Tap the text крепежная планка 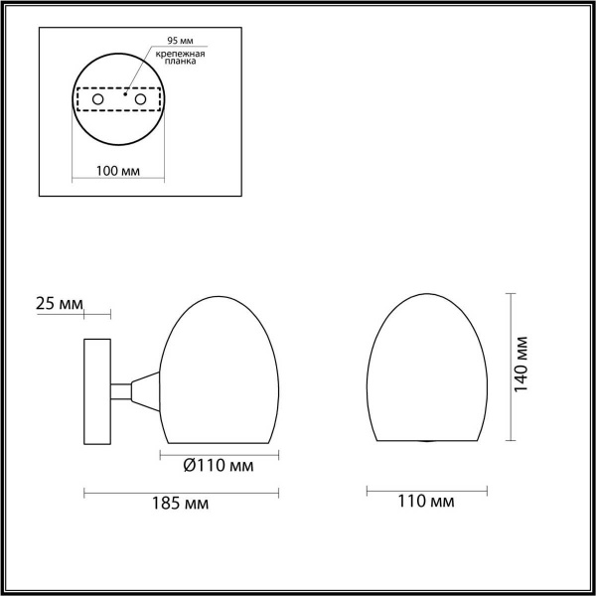[178, 57]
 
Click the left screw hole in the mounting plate [96, 100]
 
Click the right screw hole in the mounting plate [141, 100]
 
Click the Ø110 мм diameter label [220, 465]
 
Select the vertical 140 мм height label [523, 367]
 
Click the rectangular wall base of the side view [97, 389]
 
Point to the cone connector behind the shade [145, 389]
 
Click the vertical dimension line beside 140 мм [510, 368]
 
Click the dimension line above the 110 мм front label [428, 489]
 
